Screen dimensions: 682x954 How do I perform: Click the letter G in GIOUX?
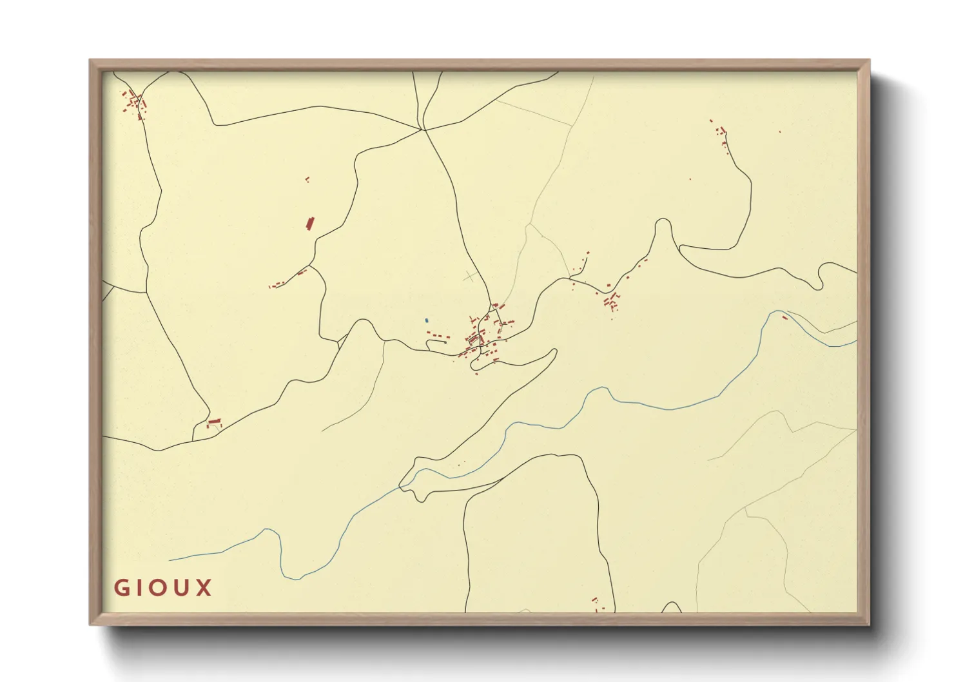tap(122, 588)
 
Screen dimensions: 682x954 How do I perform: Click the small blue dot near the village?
tap(427, 320)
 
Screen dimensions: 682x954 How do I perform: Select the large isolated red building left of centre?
tap(309, 224)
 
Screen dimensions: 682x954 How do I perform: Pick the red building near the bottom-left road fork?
tap(214, 422)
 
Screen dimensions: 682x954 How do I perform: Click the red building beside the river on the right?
tap(784, 317)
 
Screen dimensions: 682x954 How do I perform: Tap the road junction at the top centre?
tap(423, 130)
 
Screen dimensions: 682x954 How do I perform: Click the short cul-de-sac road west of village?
tap(436, 342)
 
